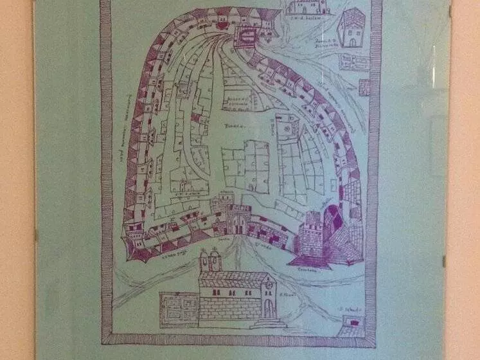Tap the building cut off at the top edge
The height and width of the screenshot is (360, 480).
(307, 7)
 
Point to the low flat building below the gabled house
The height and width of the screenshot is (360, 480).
(354, 62)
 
